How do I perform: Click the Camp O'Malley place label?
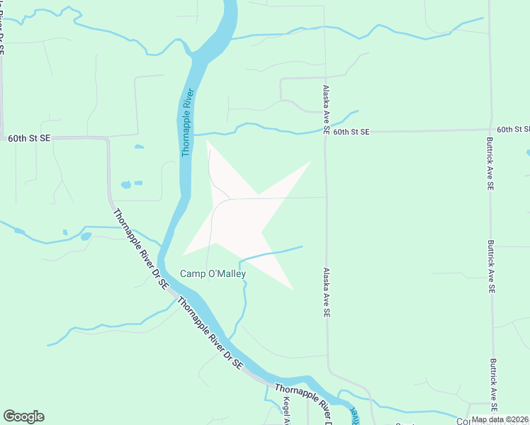(x=213, y=274)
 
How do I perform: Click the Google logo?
(x=23, y=416)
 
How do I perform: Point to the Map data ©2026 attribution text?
(x=500, y=419)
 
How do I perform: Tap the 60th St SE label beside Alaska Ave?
(x=351, y=132)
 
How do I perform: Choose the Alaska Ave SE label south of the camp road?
(x=327, y=292)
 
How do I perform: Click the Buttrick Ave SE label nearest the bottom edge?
(x=492, y=381)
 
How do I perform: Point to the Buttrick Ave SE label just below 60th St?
(x=490, y=164)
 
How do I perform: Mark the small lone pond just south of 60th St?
(x=139, y=147)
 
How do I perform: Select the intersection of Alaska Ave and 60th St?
(x=325, y=132)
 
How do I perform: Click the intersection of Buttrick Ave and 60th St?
(x=490, y=130)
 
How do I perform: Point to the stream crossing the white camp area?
(x=269, y=254)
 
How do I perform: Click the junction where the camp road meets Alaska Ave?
(x=326, y=198)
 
